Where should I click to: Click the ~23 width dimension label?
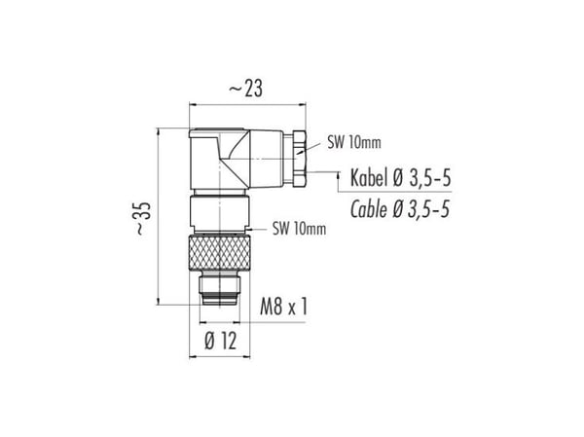245,89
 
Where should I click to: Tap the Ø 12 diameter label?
221,341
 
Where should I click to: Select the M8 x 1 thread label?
284,307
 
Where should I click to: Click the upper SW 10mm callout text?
354,142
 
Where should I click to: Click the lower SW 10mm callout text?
299,229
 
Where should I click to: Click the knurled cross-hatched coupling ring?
220,252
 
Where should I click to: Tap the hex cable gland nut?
299,159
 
